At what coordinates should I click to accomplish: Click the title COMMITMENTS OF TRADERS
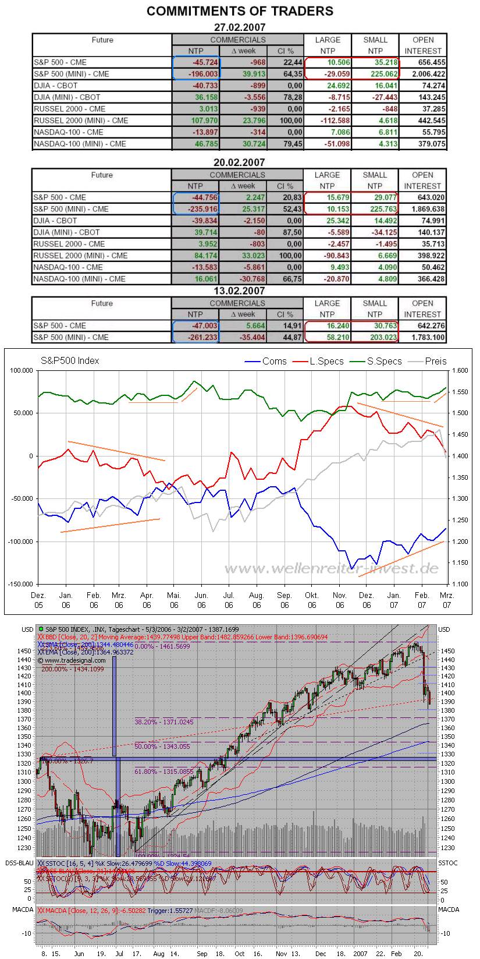tap(240, 11)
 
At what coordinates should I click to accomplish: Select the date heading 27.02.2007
tap(240, 27)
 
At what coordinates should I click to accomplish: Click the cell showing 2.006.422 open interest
tap(424, 74)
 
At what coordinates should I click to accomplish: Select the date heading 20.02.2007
tap(240, 162)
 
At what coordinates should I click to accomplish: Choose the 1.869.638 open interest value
tap(424, 209)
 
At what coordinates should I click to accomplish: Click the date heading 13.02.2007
tap(240, 291)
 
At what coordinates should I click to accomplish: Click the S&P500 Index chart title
tap(69, 360)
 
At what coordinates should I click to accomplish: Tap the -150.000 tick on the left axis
tap(21, 584)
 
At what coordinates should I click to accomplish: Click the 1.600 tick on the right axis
tap(460, 370)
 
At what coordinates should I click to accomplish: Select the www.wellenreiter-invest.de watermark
tap(331, 568)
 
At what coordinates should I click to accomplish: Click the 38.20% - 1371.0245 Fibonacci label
tap(163, 721)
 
